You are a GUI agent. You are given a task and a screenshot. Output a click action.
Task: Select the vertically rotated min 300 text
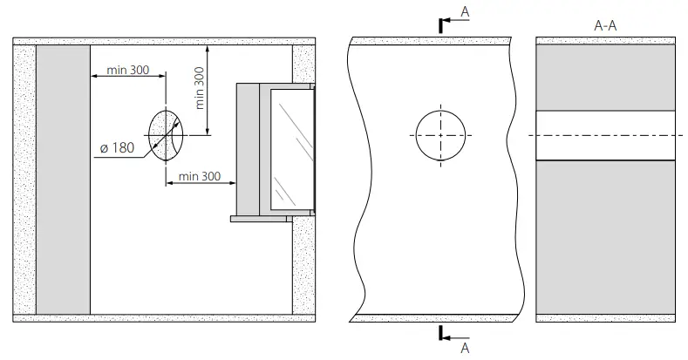pos(200,87)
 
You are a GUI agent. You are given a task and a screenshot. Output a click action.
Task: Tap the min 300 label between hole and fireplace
pos(201,177)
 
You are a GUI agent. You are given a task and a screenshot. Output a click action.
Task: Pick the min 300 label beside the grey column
pos(127,70)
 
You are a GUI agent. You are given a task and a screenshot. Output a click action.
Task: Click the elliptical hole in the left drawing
pos(165,137)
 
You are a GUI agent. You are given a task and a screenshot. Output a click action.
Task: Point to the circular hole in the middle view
pos(440,137)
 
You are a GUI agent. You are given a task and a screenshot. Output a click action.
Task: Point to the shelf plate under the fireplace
pos(262,219)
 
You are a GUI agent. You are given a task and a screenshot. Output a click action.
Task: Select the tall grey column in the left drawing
pos(63,179)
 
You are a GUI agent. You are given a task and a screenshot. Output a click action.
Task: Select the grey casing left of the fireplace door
pos(248,148)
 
